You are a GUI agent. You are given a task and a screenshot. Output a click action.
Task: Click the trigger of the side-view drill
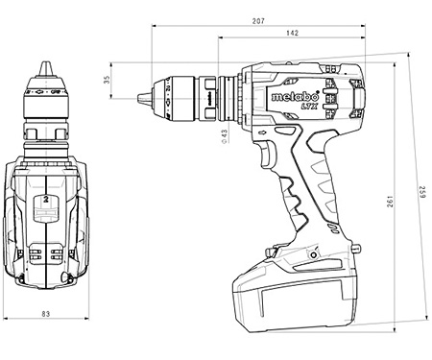[266, 153]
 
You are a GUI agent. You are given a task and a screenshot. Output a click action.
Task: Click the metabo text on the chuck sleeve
[205, 95]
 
